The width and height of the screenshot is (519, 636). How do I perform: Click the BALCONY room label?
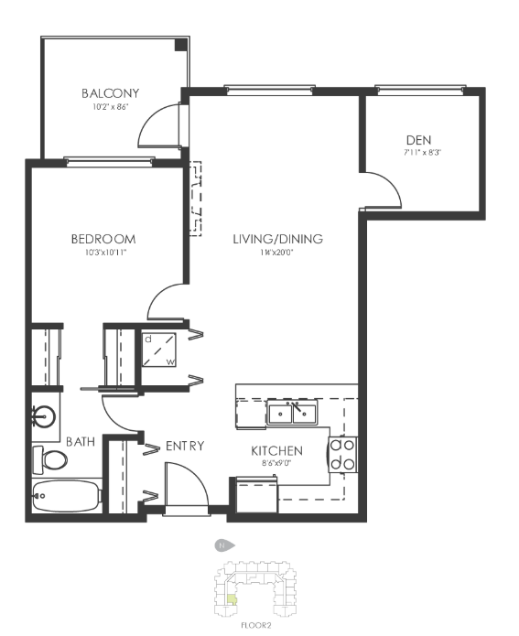click(110, 93)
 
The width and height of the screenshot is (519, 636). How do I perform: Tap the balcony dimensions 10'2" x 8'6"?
click(110, 107)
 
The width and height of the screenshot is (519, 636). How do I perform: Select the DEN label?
click(417, 139)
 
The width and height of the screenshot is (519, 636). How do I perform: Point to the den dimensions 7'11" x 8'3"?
click(417, 152)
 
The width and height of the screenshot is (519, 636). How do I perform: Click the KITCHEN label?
click(277, 451)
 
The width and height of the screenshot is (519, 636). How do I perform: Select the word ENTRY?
click(184, 446)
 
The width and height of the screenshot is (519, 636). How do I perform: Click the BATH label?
click(81, 442)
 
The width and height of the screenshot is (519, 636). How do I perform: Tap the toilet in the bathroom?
click(50, 457)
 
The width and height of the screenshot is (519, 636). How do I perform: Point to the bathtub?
click(65, 498)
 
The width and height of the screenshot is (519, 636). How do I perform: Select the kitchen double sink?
click(292, 414)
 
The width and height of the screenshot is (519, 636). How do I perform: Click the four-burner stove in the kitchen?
click(343, 454)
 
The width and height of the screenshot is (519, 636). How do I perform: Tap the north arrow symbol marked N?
click(222, 545)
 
